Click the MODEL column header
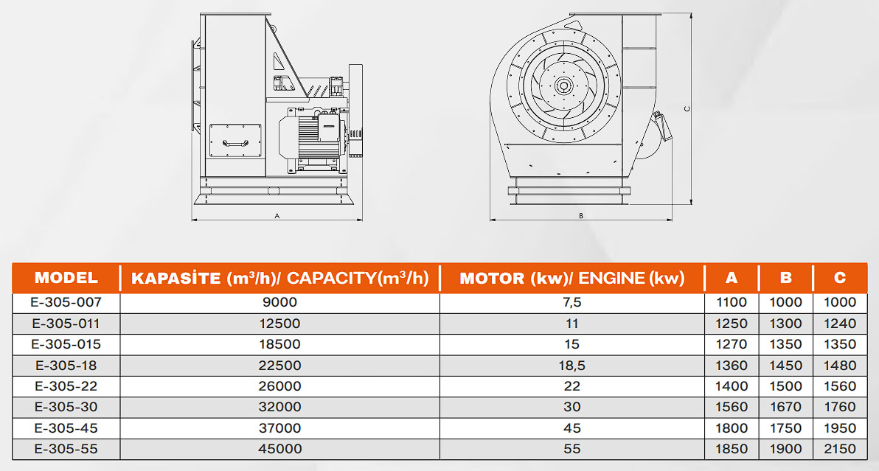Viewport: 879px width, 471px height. tap(66, 278)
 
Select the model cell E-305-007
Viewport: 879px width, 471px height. tap(66, 302)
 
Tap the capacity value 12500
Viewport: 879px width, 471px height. tap(279, 324)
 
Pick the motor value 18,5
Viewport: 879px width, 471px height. tap(571, 366)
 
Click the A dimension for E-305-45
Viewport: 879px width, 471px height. tap(732, 428)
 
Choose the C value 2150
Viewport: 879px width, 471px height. tap(840, 449)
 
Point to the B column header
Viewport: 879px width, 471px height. tap(786, 278)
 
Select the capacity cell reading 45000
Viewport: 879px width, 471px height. tap(279, 449)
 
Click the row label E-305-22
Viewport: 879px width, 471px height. tap(66, 386)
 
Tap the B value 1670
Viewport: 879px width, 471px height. tap(786, 407)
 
